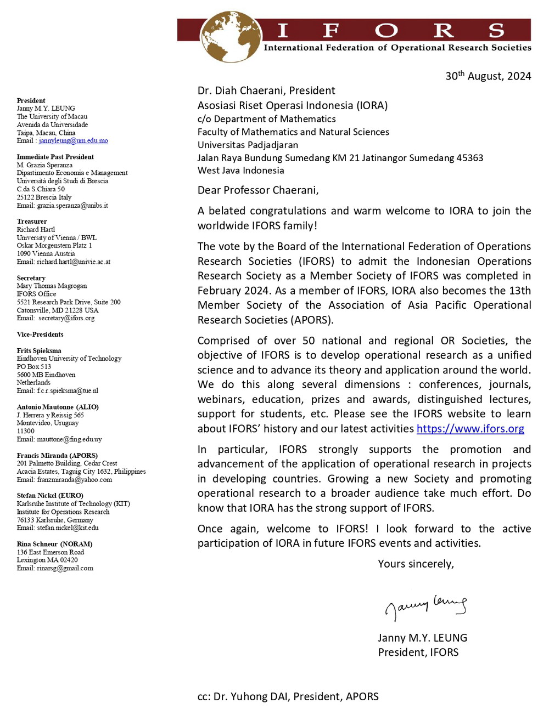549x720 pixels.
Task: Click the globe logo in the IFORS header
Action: click(230, 36)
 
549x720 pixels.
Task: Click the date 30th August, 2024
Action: click(488, 76)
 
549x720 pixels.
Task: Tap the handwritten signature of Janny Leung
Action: click(425, 606)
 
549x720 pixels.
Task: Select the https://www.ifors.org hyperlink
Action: click(470, 428)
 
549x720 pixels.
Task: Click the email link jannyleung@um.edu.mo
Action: click(74, 141)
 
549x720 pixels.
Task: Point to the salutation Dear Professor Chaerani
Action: click(258, 190)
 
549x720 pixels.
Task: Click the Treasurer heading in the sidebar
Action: click(32, 222)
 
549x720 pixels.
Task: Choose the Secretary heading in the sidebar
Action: click(31, 278)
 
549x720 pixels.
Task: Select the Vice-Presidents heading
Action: click(40, 335)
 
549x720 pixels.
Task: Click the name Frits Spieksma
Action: click(39, 350)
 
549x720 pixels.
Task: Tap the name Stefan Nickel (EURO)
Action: click(50, 496)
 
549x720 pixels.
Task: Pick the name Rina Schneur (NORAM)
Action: click(54, 544)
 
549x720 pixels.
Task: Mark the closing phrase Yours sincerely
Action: click(416, 564)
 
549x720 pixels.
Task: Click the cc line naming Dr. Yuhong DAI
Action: click(288, 696)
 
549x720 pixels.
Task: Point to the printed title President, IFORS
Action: click(418, 653)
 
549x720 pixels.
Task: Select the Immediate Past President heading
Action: click(55, 157)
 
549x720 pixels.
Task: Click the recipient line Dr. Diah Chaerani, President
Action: click(266, 90)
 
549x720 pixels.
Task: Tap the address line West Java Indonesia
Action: click(241, 171)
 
